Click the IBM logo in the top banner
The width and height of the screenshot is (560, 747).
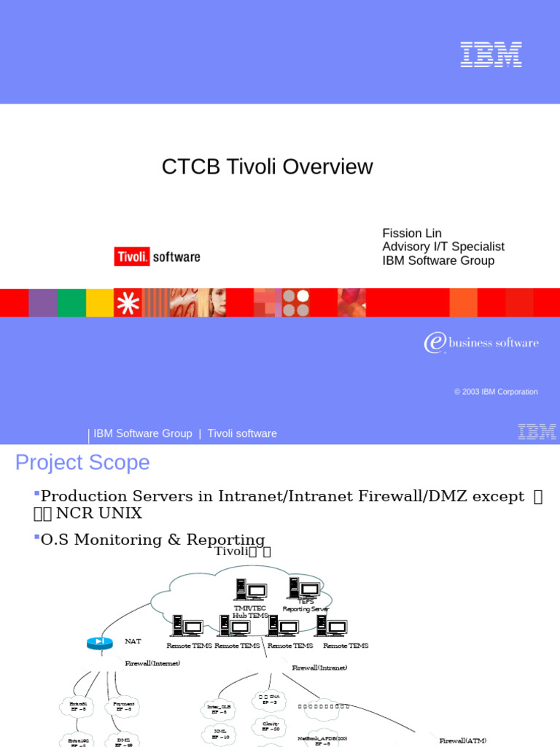coord(491,55)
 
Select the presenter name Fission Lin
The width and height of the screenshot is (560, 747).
coord(412,233)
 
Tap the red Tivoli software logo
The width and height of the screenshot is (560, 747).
coord(157,256)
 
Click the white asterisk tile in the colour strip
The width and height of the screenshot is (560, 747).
coord(128,303)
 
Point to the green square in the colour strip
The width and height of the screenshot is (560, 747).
coord(71,303)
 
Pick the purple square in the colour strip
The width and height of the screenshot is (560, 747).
coord(43,303)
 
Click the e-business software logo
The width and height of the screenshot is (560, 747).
coord(481,343)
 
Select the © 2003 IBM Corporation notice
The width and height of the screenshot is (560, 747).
coord(496,392)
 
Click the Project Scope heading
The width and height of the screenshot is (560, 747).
coord(82,462)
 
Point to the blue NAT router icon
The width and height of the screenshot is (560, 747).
coord(100,643)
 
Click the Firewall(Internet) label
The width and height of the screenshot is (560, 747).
coord(152,663)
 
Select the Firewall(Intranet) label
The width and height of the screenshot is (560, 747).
coord(319,667)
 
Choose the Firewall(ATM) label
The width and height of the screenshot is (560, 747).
coord(462,740)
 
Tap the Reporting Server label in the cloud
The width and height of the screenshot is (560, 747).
coord(306,608)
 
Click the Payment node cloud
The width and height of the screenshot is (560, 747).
coord(124,706)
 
